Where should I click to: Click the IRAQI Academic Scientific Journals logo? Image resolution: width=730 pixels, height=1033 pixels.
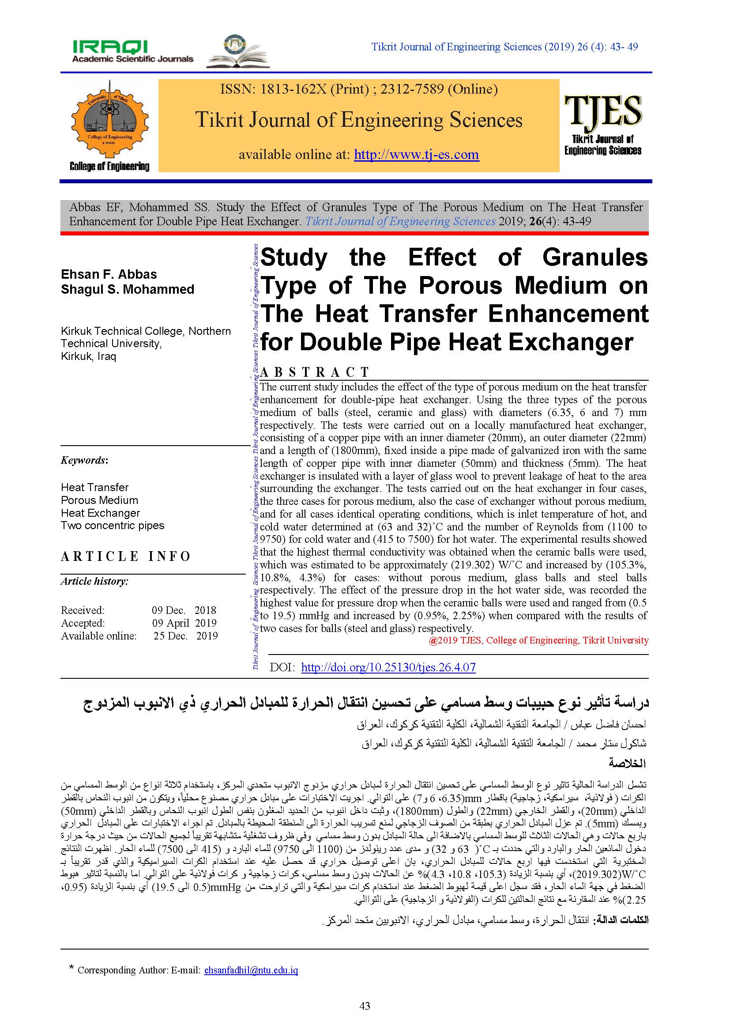132,51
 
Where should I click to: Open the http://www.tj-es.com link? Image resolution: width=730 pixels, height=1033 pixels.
416,154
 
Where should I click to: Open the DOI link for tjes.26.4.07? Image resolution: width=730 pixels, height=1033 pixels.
388,667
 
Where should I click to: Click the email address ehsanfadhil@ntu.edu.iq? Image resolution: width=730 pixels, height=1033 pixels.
251,970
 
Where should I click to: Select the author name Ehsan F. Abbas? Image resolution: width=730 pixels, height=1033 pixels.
109,274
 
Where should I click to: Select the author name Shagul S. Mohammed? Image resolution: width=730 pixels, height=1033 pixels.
127,289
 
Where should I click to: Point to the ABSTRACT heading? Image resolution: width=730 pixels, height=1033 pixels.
314,372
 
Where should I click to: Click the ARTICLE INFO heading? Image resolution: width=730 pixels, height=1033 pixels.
126,556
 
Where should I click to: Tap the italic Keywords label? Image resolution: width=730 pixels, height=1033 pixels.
84,460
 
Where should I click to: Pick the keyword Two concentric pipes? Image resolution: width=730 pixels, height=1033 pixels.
113,526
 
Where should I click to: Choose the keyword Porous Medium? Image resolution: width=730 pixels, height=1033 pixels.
99,500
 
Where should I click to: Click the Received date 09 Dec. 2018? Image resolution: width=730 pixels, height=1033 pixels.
184,610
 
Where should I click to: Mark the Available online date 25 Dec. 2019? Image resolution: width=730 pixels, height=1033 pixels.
185,636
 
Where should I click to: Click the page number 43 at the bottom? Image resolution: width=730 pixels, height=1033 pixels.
365,1006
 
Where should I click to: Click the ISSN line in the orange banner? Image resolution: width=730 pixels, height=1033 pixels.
359,89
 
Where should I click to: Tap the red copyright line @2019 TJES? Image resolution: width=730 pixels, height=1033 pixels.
538,640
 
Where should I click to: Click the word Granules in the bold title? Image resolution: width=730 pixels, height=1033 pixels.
595,258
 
